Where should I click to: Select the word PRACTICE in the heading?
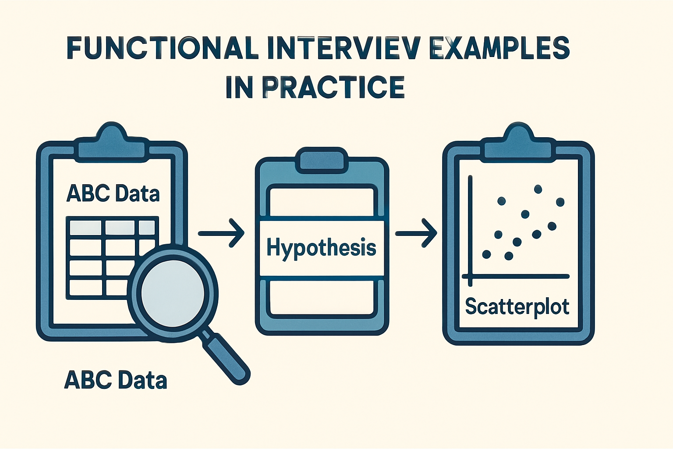(333, 87)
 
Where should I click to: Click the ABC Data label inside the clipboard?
(113, 193)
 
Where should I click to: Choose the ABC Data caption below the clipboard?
(115, 380)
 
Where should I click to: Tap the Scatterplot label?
(517, 306)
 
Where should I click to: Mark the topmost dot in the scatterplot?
(538, 189)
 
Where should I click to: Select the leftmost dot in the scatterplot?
(486, 254)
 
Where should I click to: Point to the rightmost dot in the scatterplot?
(560, 202)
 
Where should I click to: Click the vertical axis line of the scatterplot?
(470, 228)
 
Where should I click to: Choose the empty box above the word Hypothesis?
(322, 202)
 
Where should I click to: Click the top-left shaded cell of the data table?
(86, 228)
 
